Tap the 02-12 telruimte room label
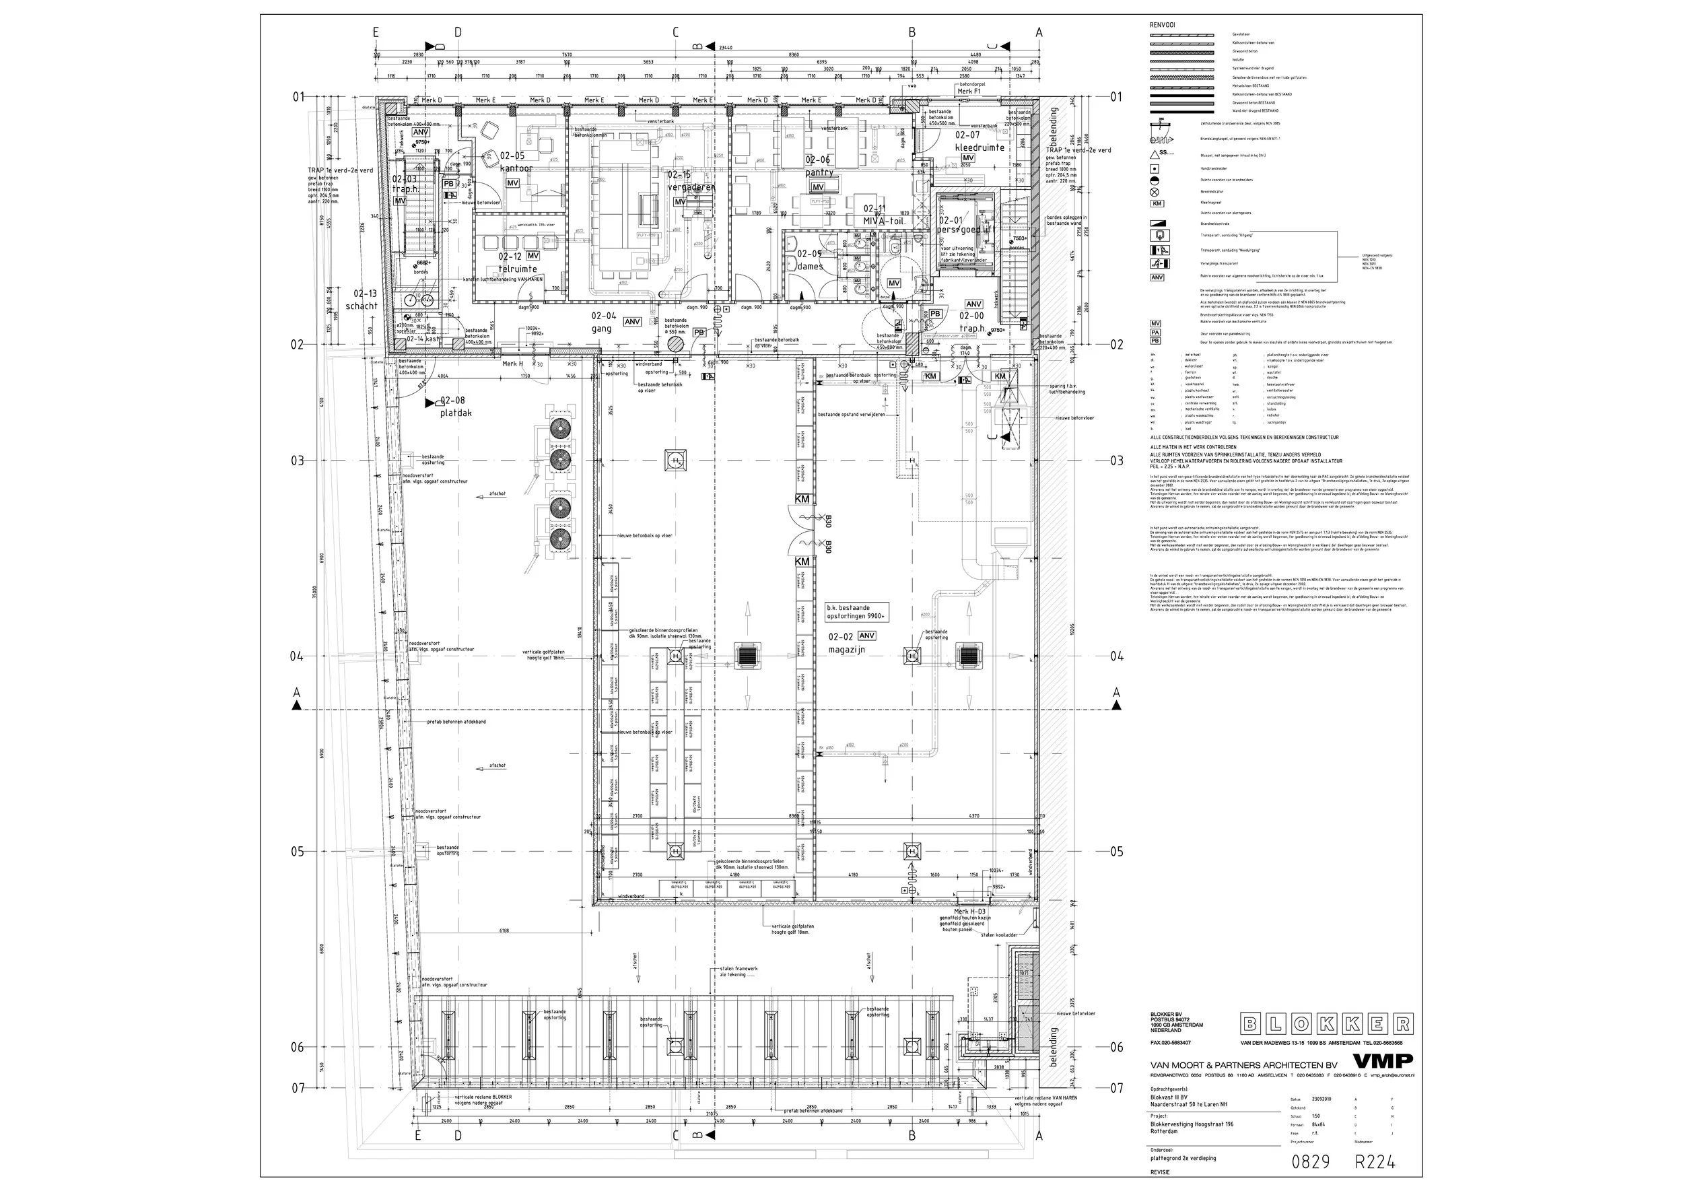[517, 263]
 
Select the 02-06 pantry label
[819, 166]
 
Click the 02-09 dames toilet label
[810, 261]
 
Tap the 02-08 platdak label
[455, 407]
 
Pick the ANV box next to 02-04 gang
[632, 321]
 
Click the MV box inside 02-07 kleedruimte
[968, 158]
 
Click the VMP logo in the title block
[1381, 1061]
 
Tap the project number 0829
[1310, 1161]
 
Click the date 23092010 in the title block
[1321, 1099]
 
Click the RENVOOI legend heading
[1163, 25]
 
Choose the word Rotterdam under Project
[1163, 1131]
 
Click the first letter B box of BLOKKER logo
[1251, 1024]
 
